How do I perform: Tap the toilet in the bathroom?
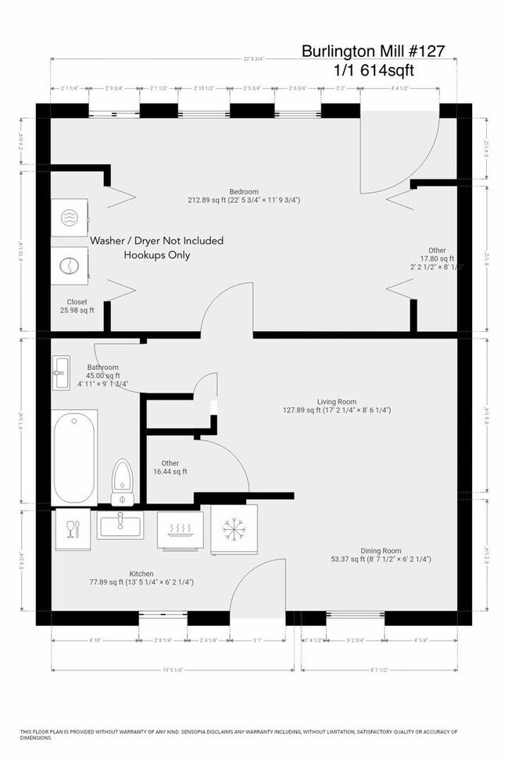123,482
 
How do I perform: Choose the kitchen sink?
121,525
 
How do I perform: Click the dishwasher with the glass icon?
73,529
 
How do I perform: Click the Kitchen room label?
141,574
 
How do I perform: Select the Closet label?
77,301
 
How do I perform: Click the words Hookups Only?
156,255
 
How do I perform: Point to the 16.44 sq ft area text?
170,471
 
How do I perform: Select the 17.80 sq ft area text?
435,258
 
